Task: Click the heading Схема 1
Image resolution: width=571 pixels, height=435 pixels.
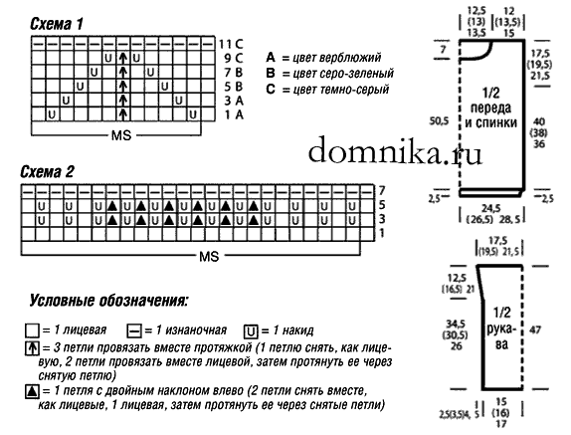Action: pyautogui.click(x=57, y=24)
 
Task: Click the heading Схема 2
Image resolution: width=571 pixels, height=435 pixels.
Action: pyautogui.click(x=48, y=171)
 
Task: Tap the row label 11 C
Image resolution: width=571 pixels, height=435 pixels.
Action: pyautogui.click(x=231, y=44)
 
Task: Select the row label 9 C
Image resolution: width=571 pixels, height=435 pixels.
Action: pyautogui.click(x=234, y=58)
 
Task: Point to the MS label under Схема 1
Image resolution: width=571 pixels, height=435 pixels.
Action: pyautogui.click(x=121, y=135)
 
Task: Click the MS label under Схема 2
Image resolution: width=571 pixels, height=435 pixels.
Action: pyautogui.click(x=209, y=257)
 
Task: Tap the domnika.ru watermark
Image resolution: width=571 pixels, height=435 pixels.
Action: pyautogui.click(x=395, y=151)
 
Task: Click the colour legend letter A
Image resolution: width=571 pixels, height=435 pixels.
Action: pyautogui.click(x=271, y=57)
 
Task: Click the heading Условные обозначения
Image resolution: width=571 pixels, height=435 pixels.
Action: pyautogui.click(x=109, y=301)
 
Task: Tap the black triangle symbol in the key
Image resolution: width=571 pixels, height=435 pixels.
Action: pyautogui.click(x=32, y=392)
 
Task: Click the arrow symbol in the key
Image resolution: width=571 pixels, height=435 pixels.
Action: pyautogui.click(x=32, y=348)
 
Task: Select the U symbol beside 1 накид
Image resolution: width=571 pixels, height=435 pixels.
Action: pyautogui.click(x=250, y=331)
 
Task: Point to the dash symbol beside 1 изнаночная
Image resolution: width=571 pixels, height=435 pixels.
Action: pyautogui.click(x=133, y=331)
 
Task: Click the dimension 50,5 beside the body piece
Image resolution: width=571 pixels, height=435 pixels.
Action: pyautogui.click(x=439, y=121)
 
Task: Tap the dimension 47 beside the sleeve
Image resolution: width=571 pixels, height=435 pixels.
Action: pyautogui.click(x=535, y=330)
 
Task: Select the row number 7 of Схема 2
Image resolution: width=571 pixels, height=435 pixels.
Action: pyautogui.click(x=382, y=190)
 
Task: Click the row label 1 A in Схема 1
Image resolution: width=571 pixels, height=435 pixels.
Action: pyautogui.click(x=234, y=114)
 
